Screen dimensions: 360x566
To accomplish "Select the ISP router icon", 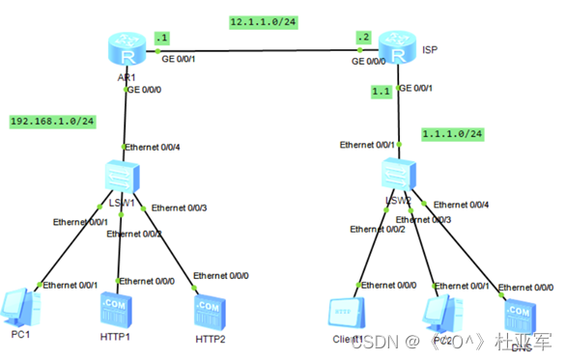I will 397,46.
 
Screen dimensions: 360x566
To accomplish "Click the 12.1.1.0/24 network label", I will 264,21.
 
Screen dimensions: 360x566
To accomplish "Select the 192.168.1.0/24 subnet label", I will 51,122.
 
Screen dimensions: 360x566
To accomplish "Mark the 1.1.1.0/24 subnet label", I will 451,134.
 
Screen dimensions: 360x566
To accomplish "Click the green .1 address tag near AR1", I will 160,38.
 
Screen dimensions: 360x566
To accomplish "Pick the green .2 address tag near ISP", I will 363,39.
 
